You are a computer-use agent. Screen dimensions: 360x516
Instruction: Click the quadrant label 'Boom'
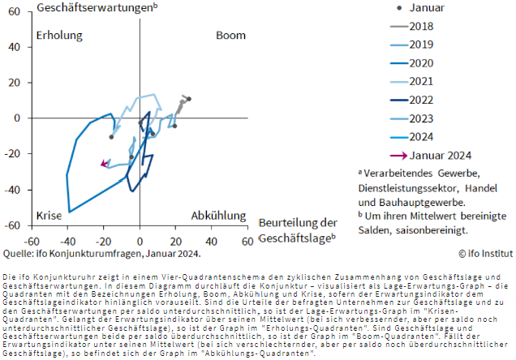[x=230, y=36]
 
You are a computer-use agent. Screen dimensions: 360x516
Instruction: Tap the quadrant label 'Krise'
[x=49, y=216]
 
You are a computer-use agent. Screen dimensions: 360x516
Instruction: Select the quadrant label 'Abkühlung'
[x=218, y=216]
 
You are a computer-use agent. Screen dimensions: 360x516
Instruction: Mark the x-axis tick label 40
[x=211, y=242]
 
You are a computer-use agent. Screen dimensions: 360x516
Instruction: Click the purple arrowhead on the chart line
[x=102, y=164]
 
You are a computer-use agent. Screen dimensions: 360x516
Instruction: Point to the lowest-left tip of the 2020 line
[x=69, y=212]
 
